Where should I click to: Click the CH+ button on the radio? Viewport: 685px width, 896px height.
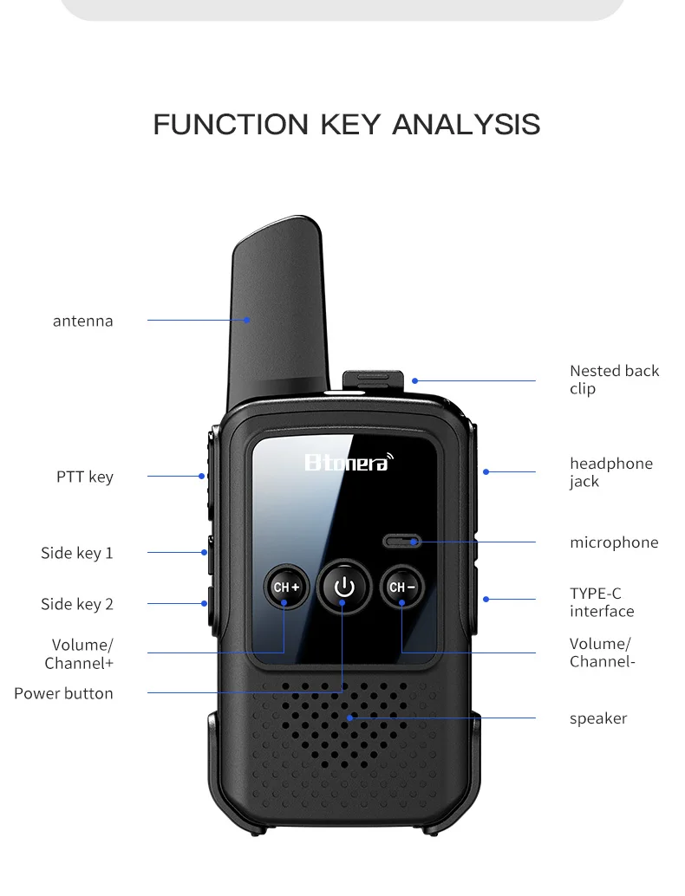point(286,587)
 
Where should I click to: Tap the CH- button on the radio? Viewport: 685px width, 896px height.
point(402,587)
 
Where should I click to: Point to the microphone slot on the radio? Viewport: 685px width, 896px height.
point(402,542)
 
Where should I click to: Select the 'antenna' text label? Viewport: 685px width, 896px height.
point(83,321)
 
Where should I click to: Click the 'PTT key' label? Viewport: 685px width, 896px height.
point(85,477)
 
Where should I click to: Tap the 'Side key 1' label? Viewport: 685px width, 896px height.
point(77,553)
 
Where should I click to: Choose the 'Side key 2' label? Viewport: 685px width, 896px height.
point(77,604)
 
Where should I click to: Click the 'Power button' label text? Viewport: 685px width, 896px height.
point(63,693)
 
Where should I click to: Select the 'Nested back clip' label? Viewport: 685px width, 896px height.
point(614,380)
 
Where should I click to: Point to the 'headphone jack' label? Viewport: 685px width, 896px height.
point(610,472)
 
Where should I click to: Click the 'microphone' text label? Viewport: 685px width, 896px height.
point(614,542)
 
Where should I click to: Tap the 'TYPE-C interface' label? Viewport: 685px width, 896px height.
point(602,602)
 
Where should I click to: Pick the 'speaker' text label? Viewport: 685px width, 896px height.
point(598,718)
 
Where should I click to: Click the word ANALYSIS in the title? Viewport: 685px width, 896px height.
point(466,124)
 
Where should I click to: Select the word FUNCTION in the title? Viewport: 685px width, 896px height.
point(231,124)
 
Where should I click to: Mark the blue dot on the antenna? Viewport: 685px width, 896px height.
point(247,320)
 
